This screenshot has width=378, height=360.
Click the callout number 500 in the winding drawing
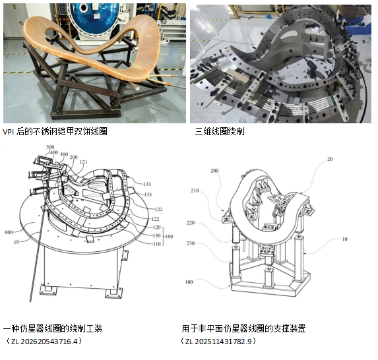point(50,147)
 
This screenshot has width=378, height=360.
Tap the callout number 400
point(54,152)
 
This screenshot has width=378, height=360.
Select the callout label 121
point(83,162)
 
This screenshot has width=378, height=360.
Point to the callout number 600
point(9,232)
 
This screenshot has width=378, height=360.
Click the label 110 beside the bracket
point(157,244)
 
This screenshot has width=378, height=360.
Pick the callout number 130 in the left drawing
point(157,235)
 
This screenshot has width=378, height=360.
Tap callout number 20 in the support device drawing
point(330,159)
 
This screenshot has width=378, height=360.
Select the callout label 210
point(195,191)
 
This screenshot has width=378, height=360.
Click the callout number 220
point(191,223)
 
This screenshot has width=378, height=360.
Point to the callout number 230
point(191,243)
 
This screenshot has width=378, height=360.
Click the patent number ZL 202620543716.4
point(45,342)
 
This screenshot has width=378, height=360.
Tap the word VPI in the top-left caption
point(8,132)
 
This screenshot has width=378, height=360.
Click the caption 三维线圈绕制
point(220,132)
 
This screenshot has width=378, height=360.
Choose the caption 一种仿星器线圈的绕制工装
point(53,328)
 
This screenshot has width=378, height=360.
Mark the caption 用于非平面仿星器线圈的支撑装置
point(243,328)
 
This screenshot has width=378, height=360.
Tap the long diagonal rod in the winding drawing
point(37,253)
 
